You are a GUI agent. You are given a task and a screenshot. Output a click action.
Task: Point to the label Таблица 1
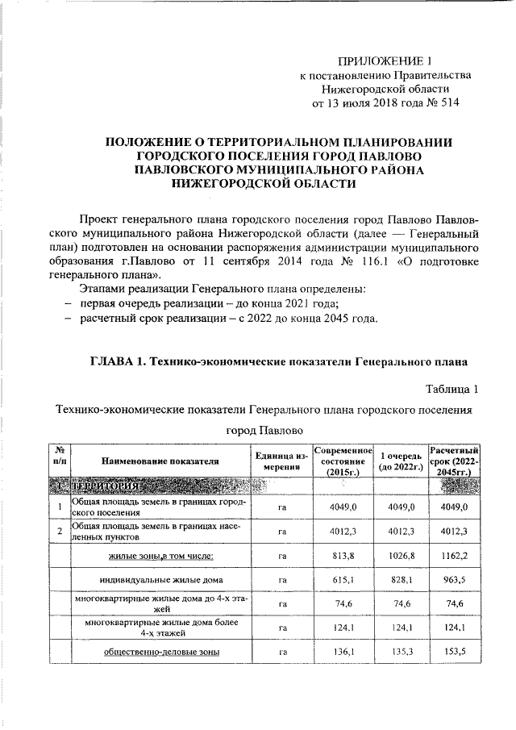point(452,390)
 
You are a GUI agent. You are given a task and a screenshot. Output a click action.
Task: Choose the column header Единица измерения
point(281,461)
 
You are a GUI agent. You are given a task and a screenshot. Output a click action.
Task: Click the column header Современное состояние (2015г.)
point(343,461)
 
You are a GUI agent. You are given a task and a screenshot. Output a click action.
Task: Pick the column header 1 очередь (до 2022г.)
point(400,461)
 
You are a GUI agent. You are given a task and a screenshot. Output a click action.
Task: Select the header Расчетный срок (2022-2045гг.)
point(456,461)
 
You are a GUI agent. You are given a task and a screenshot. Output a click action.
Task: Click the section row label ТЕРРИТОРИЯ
point(109,487)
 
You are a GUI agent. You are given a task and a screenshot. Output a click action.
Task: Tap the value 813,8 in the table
point(343,557)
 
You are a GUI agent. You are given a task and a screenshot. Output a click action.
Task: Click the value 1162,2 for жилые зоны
point(456,557)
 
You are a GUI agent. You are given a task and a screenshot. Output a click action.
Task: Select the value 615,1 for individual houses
point(343,580)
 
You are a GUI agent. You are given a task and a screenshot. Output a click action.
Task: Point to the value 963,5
point(456,580)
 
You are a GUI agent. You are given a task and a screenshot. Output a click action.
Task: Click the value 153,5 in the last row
point(456,652)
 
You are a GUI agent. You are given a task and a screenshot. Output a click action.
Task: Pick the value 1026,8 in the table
point(400,557)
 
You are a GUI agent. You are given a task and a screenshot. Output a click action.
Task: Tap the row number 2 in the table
point(60,532)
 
